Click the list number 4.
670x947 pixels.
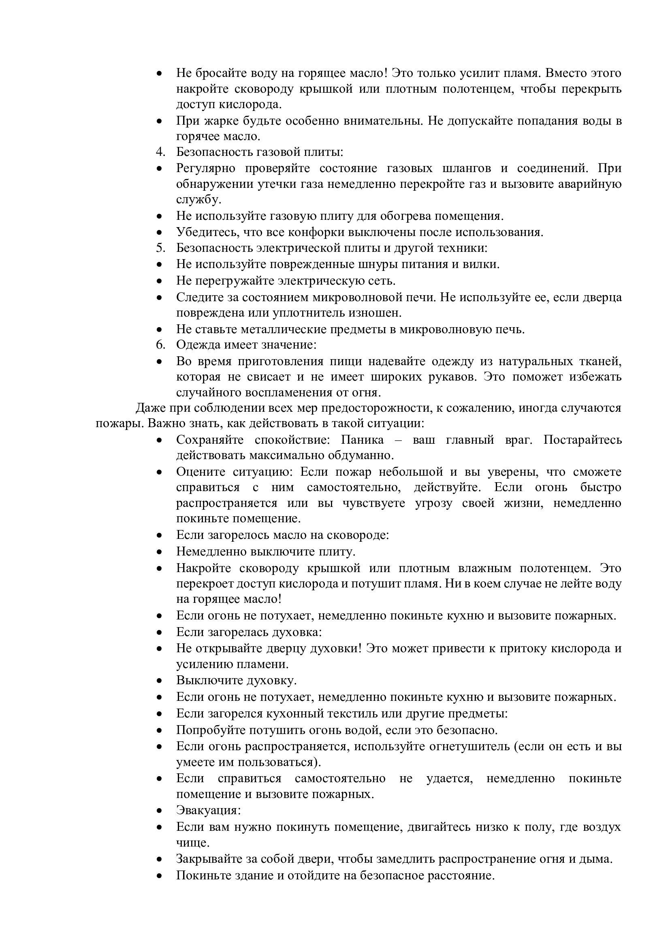(160, 152)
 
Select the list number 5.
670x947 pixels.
(160, 248)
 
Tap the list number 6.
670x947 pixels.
(160, 345)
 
